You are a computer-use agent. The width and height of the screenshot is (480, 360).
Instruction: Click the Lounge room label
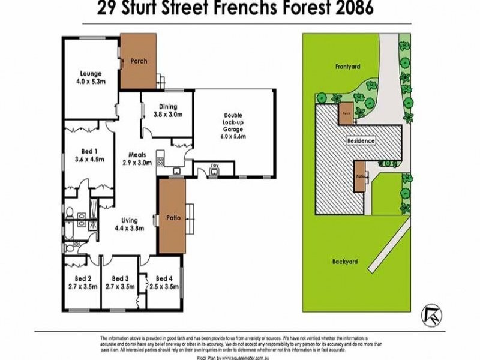[89, 74]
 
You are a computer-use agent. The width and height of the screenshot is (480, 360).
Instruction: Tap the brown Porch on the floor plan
[138, 61]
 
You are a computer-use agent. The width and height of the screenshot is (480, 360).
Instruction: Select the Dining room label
[168, 106]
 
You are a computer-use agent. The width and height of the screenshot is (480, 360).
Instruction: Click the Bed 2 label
[83, 278]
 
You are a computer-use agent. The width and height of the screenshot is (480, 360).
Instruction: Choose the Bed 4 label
[163, 278]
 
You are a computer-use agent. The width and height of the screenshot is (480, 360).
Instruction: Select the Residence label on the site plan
[361, 141]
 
